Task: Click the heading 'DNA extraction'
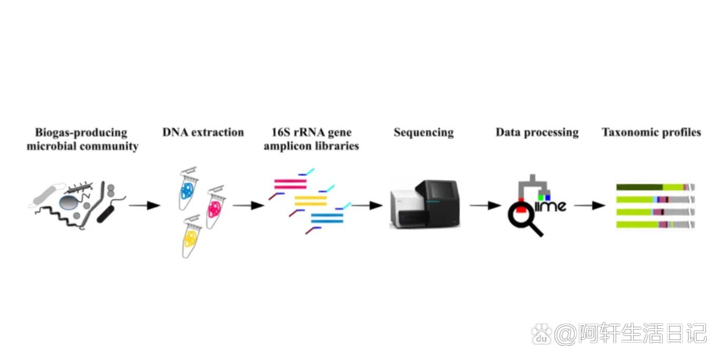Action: [203, 132]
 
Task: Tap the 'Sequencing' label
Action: [423, 132]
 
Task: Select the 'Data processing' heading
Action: [537, 132]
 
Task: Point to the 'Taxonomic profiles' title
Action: [651, 132]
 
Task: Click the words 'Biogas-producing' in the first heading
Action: [81, 132]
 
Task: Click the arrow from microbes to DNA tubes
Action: [144, 205]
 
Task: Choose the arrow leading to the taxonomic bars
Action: [590, 205]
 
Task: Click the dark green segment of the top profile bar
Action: [639, 187]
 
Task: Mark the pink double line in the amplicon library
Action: [290, 184]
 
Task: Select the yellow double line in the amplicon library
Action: [311, 200]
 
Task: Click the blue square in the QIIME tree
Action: [548, 198]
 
